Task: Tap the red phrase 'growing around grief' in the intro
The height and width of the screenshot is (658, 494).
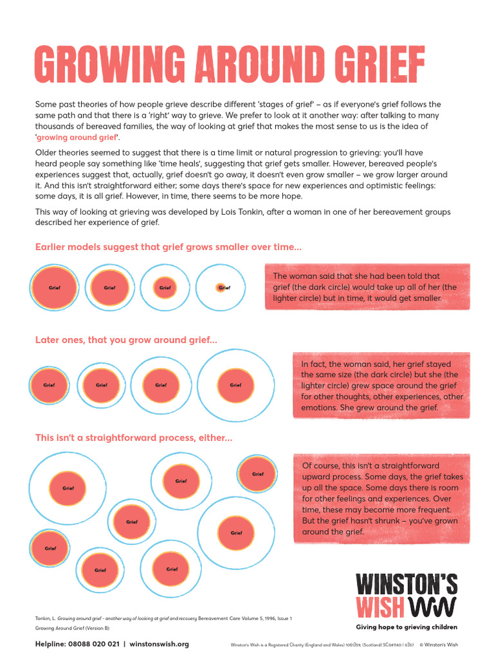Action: coord(77,138)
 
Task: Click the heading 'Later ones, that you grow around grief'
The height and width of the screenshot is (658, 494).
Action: coord(126,340)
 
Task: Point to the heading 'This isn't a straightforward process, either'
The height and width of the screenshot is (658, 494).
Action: coord(134,438)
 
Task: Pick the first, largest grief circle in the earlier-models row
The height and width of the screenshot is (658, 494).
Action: coord(55,287)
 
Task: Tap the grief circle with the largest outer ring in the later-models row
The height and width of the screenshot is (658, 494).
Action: coord(235,385)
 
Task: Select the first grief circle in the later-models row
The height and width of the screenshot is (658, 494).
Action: coord(49,385)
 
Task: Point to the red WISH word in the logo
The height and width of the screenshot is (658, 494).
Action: coord(380,607)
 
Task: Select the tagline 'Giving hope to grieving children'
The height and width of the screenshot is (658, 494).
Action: coord(407,627)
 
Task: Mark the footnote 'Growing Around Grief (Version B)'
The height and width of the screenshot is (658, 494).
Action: coord(72,628)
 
